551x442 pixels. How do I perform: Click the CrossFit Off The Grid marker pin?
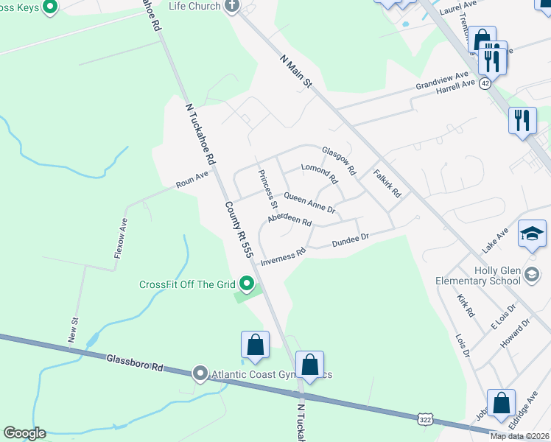[x=248, y=284]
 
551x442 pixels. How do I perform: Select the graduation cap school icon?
[x=532, y=235]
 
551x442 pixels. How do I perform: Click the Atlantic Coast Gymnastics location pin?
[x=200, y=373]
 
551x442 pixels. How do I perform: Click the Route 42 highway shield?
[x=485, y=84]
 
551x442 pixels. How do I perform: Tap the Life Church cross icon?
[x=232, y=7]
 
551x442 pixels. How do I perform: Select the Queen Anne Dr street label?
[x=310, y=204]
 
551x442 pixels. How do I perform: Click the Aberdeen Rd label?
[x=289, y=221]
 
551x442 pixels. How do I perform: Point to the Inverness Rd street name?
[x=283, y=255]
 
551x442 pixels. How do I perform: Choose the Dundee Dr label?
[x=350, y=241]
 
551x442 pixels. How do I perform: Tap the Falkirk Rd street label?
[x=387, y=184]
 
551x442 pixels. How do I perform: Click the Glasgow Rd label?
[x=339, y=158]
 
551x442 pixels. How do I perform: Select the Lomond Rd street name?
[x=319, y=174]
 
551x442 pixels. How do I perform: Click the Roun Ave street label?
[x=192, y=180]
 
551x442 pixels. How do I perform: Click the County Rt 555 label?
[x=239, y=229]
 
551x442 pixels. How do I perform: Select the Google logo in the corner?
[x=24, y=433]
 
